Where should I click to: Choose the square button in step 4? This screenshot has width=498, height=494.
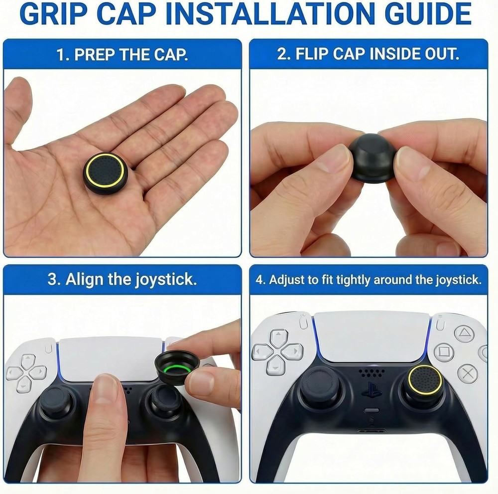click(443, 353)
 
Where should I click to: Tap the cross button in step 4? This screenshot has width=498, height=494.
click(467, 373)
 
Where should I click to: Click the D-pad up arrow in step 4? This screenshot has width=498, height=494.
click(278, 338)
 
